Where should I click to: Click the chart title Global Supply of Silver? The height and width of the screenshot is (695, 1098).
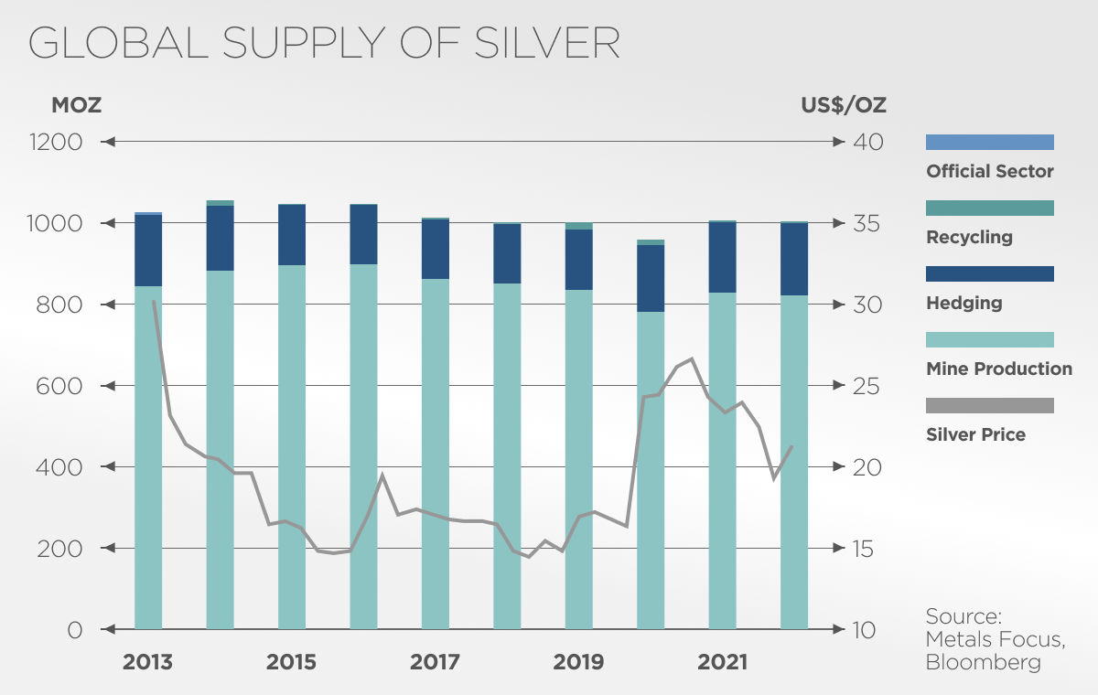(325, 43)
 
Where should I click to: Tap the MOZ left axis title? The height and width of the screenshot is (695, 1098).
(76, 105)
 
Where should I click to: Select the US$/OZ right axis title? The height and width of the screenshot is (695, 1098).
(843, 105)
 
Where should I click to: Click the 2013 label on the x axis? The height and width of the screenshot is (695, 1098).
(147, 661)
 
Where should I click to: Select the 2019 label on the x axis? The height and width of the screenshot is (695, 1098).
(578, 661)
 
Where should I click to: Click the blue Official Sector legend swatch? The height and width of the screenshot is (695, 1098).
(990, 142)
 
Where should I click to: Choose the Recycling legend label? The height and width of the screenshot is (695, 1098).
(969, 238)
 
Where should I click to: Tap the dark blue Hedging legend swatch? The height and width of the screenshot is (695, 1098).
(990, 273)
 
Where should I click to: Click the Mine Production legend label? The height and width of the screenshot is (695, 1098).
(999, 369)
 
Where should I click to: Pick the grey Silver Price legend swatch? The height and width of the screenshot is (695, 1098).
(990, 405)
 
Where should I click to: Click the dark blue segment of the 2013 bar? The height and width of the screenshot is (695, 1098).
(148, 251)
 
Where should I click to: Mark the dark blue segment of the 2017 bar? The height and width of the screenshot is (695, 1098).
(436, 249)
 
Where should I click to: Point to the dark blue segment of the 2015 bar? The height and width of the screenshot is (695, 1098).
(292, 235)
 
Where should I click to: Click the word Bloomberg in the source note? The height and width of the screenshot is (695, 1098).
(983, 662)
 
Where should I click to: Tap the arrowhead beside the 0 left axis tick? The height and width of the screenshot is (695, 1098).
(108, 629)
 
